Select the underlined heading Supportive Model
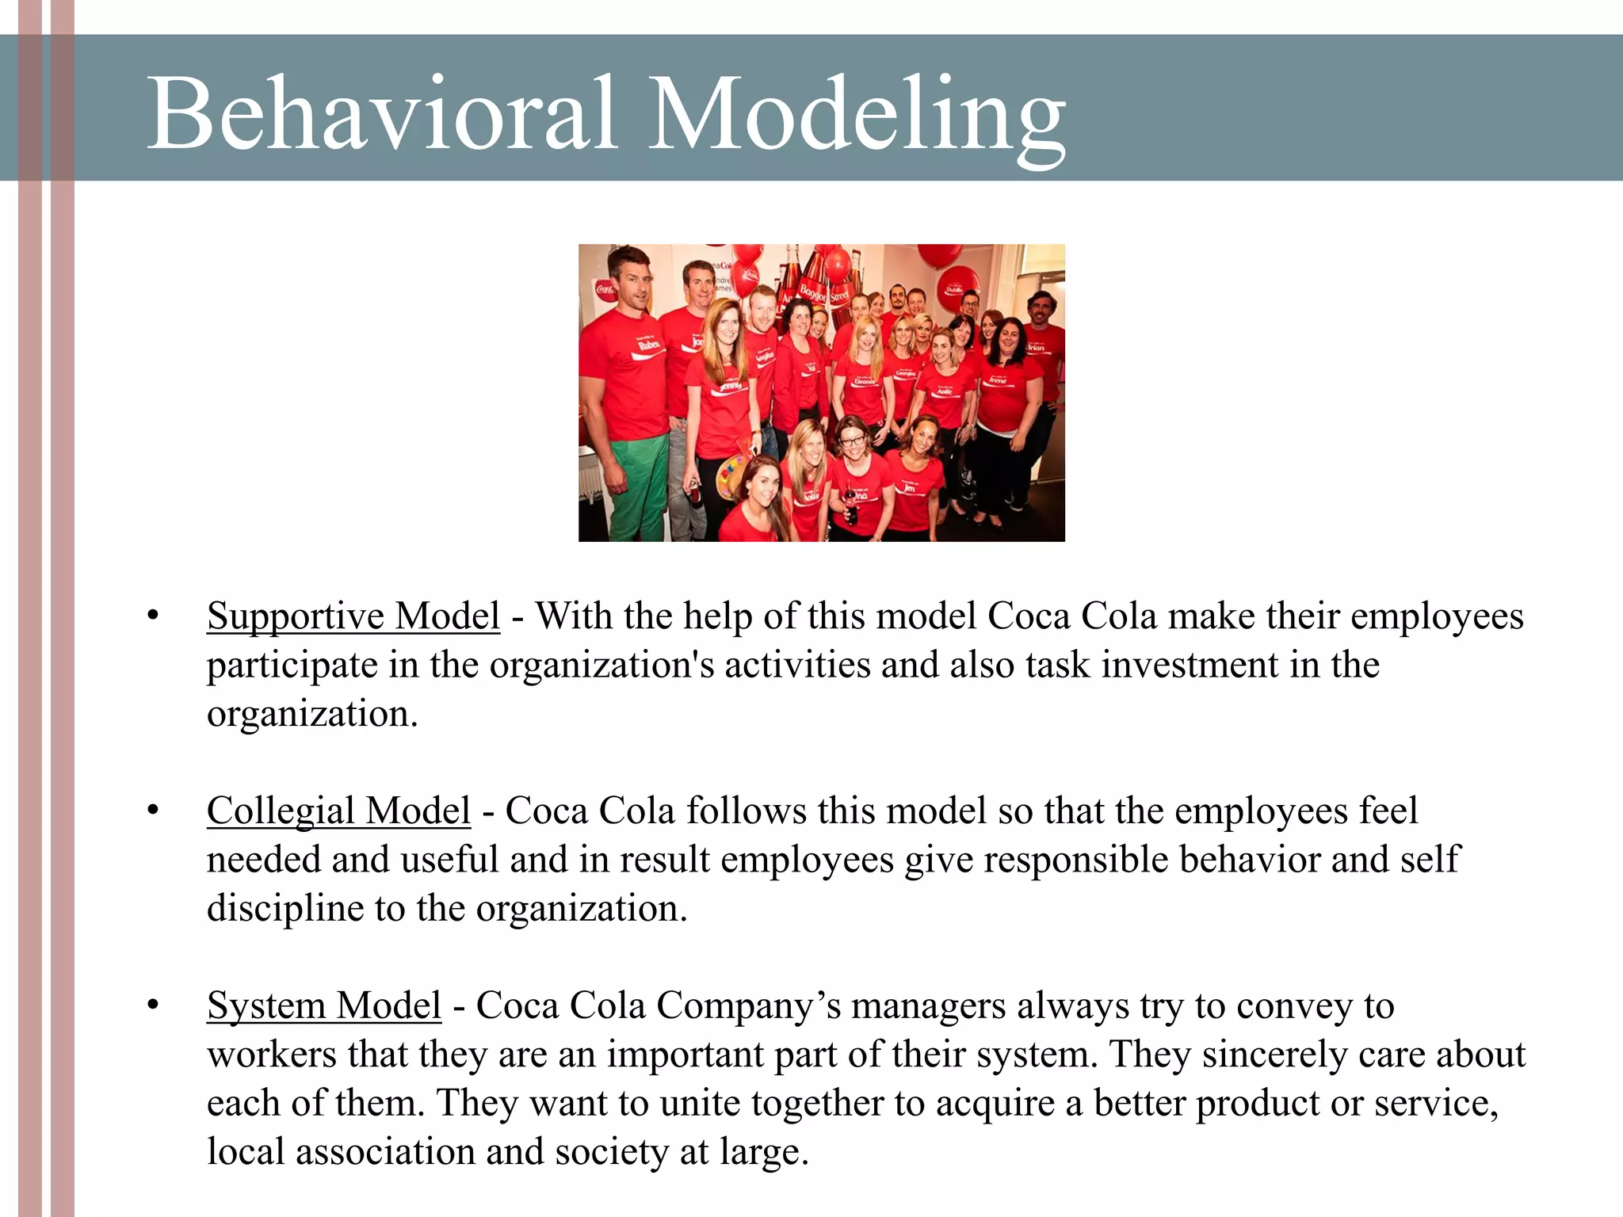(x=353, y=616)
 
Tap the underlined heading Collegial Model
(x=338, y=811)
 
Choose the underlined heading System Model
(x=323, y=1006)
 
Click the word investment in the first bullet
(x=1190, y=665)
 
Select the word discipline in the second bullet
(x=285, y=908)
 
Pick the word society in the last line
(x=611, y=1152)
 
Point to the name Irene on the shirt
(x=997, y=380)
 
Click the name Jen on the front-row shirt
(x=911, y=488)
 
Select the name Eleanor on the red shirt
(x=864, y=381)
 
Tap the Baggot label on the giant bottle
(x=811, y=292)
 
